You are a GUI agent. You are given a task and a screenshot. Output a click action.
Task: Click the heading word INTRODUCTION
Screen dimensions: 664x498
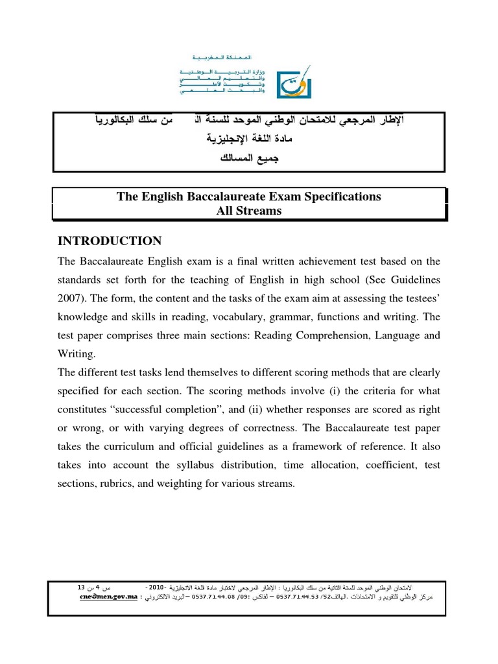pyautogui.click(x=110, y=241)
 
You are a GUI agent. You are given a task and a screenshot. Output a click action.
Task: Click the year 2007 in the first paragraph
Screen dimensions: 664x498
pyautogui.click(x=72, y=299)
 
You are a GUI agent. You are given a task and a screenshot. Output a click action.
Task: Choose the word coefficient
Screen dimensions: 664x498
pyautogui.click(x=383, y=466)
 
